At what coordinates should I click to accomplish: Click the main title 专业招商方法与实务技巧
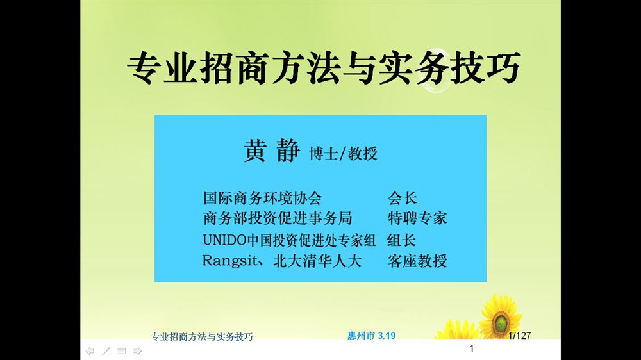(324, 68)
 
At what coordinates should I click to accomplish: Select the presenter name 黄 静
(272, 151)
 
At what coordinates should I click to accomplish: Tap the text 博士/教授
(344, 153)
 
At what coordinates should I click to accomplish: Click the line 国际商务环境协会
(262, 198)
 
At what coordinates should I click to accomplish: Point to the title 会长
(403, 198)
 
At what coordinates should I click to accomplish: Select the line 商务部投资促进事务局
(278, 218)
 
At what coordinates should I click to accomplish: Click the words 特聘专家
(417, 218)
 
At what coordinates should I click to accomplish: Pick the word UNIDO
(225, 240)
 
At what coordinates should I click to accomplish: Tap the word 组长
(402, 240)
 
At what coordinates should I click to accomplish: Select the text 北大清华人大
(318, 261)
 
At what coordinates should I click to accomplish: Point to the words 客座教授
(417, 261)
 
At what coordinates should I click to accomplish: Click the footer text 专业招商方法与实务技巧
(202, 336)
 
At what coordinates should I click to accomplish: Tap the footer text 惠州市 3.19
(372, 336)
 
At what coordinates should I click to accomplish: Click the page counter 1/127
(520, 336)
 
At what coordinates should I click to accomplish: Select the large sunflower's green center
(501, 323)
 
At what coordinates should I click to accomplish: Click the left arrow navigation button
(90, 350)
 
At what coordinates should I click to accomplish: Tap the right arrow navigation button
(138, 350)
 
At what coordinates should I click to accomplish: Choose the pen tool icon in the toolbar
(106, 350)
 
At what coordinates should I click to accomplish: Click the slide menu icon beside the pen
(122, 350)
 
